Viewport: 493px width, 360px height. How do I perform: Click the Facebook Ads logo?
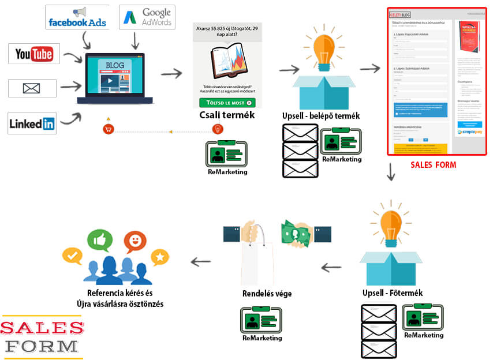click(77, 17)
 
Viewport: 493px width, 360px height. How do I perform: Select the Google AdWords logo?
click(146, 17)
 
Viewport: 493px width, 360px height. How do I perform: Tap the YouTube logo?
click(33, 54)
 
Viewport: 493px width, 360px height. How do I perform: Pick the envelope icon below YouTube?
click(32, 88)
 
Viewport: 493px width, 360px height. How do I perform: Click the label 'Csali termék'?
click(226, 115)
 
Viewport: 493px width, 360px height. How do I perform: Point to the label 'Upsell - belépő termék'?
click(321, 116)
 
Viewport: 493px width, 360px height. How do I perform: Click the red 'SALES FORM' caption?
click(433, 165)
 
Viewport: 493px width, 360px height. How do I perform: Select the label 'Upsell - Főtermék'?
click(393, 293)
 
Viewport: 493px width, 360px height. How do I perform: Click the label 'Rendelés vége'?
click(267, 294)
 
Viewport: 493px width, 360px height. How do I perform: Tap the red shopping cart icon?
click(107, 129)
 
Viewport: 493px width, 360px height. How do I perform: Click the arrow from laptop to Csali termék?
click(171, 73)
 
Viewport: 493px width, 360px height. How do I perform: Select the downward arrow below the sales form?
click(391, 172)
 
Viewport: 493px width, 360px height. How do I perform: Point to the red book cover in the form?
click(468, 39)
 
